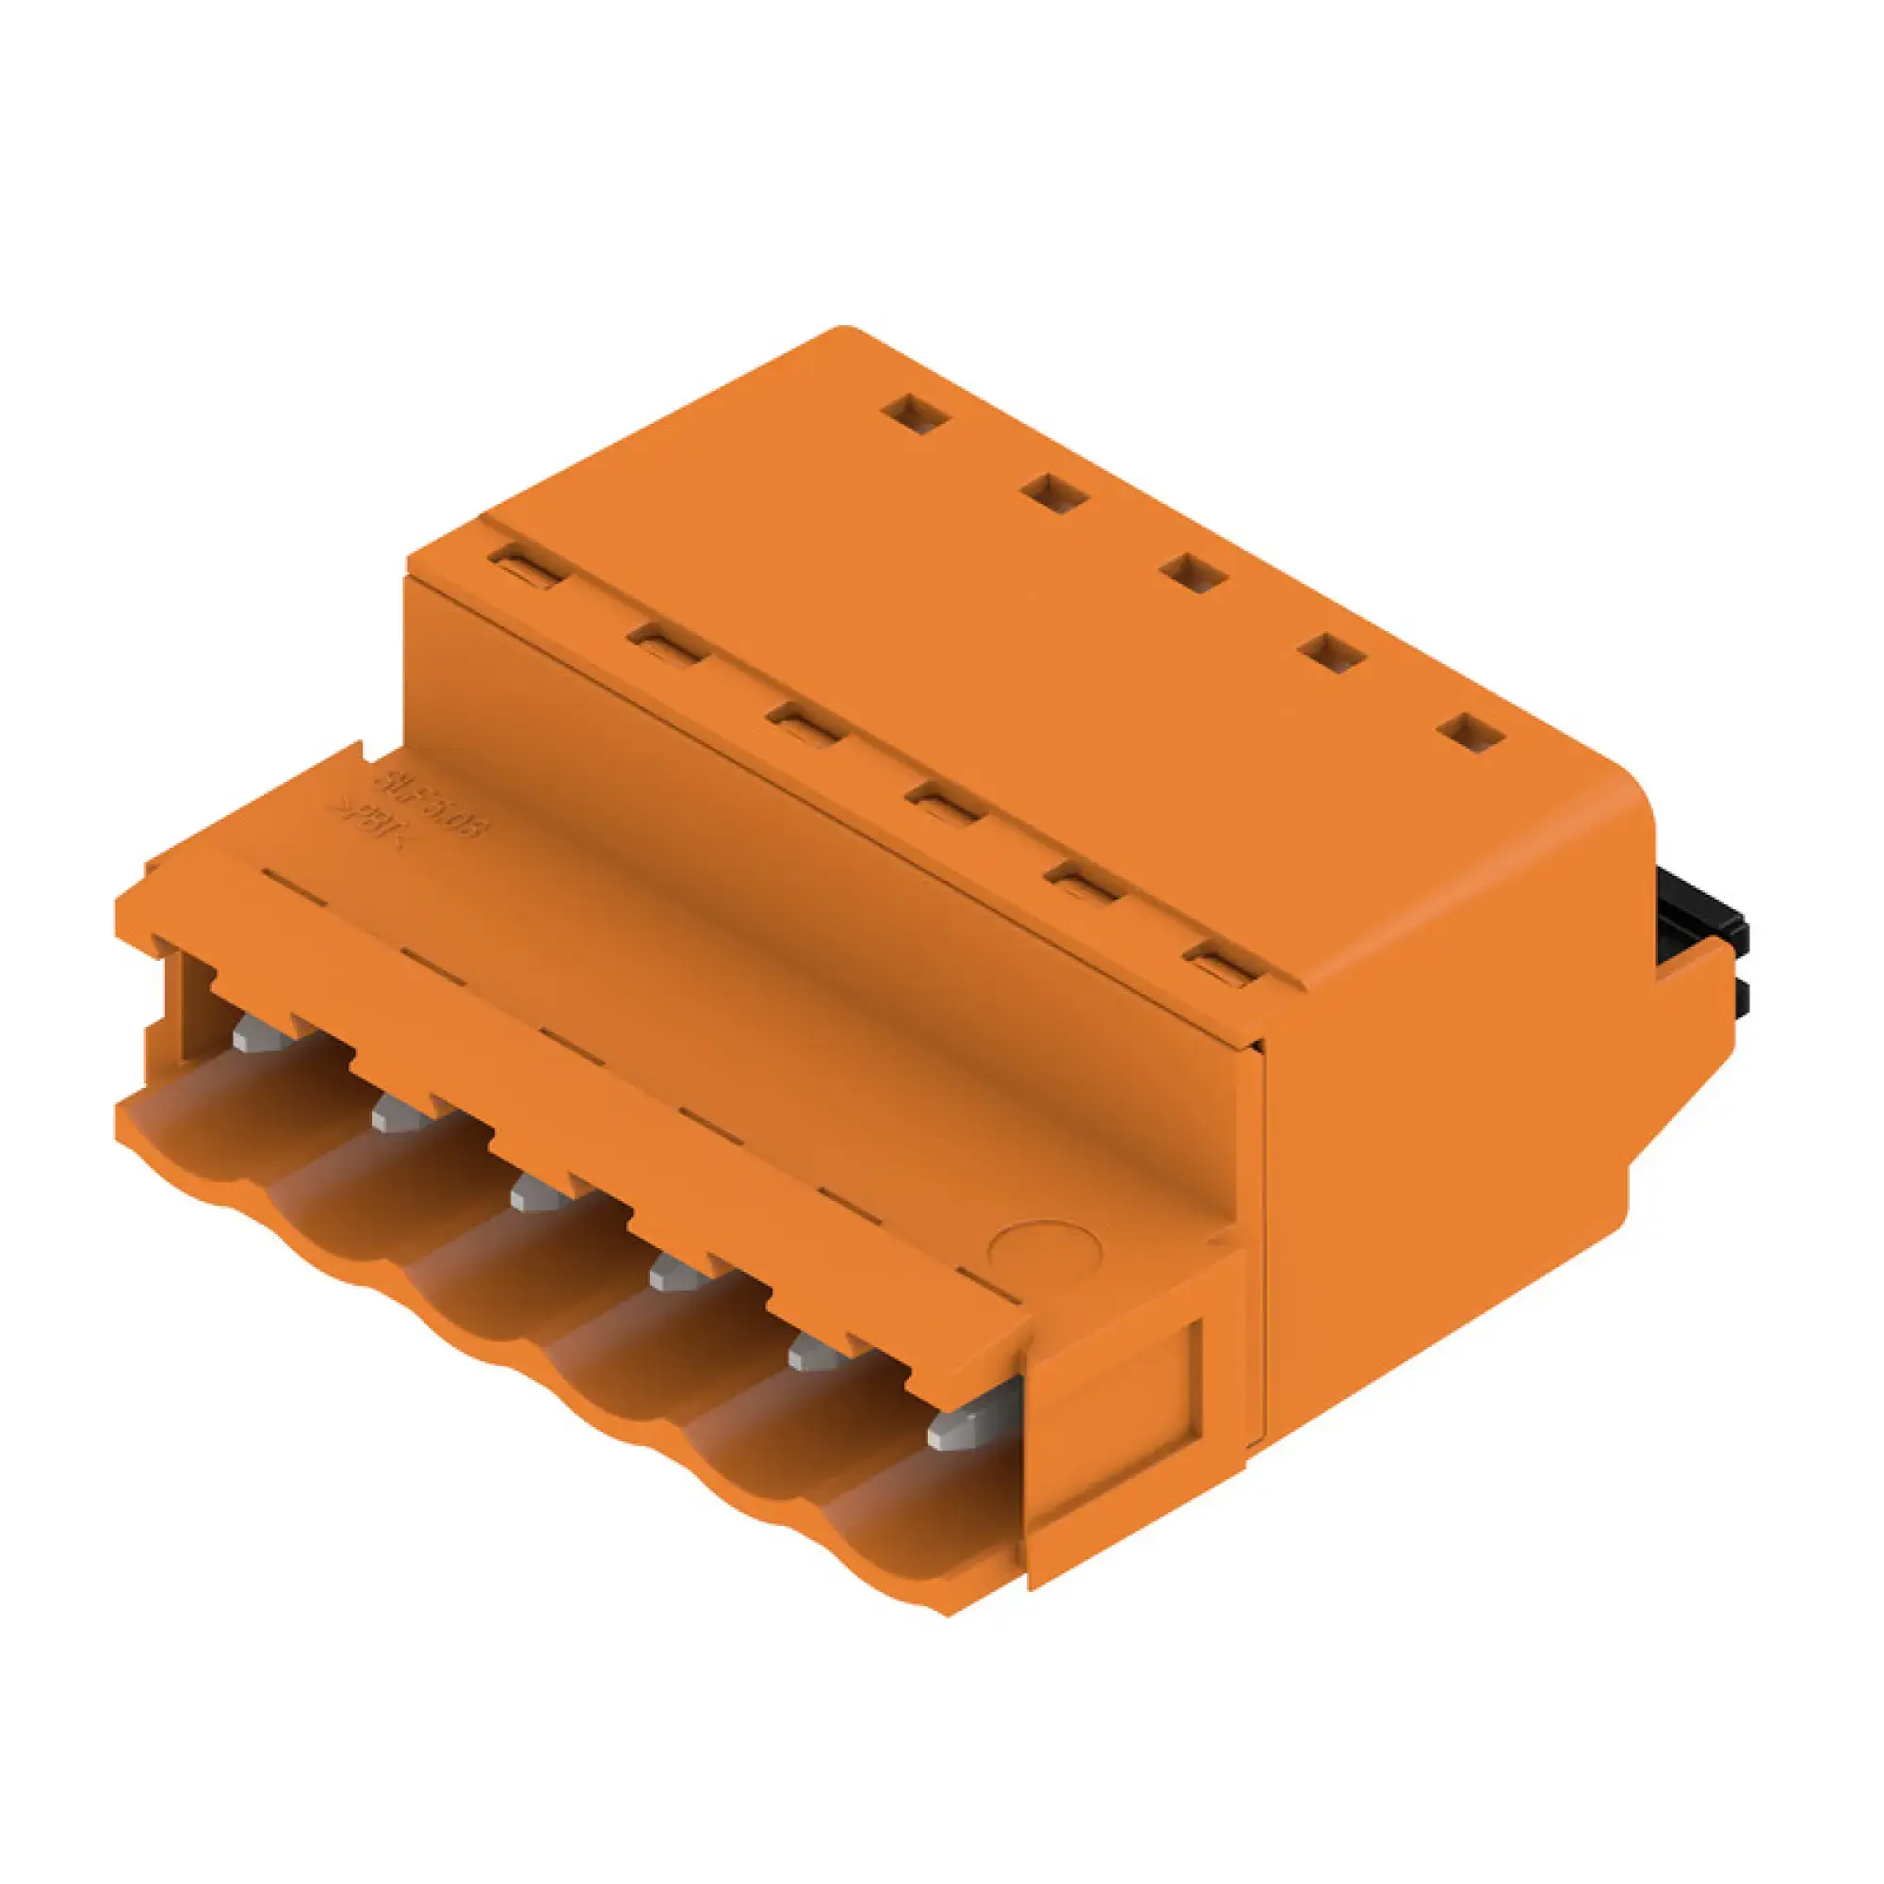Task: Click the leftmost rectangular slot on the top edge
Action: [x=528, y=567]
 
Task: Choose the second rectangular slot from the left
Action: [x=667, y=646]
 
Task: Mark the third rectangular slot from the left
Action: [x=804, y=726]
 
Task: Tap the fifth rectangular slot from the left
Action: [x=1082, y=885]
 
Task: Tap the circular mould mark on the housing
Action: [x=1044, y=1248]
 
